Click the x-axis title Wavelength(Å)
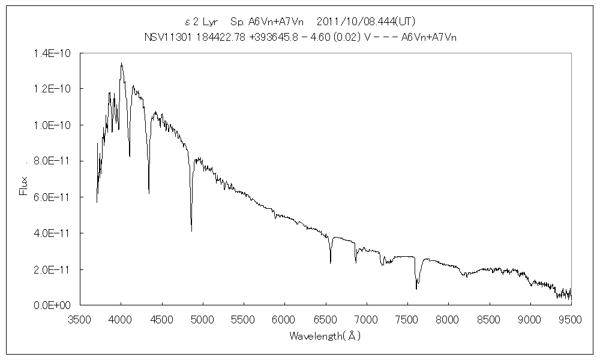(x=325, y=336)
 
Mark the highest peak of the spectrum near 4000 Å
(x=121, y=63)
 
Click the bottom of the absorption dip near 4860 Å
(x=191, y=230)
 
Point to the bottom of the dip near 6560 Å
(x=331, y=263)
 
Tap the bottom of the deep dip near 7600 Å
(x=416, y=289)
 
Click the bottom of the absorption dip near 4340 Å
(x=149, y=193)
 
